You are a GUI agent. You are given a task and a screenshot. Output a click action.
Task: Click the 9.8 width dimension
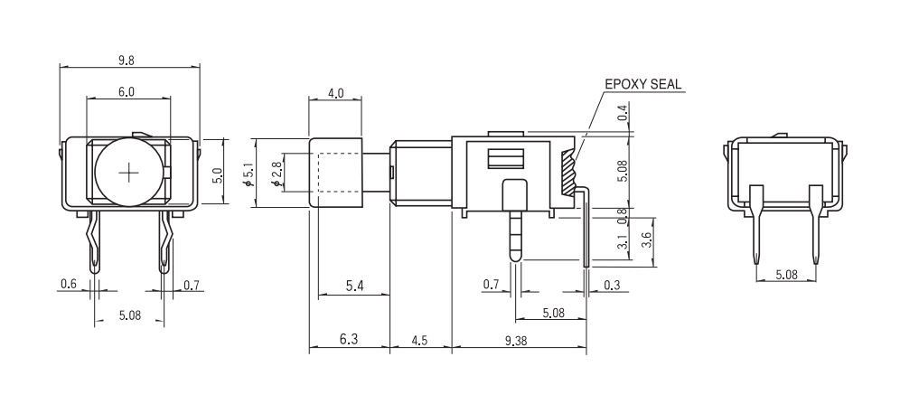[127, 61]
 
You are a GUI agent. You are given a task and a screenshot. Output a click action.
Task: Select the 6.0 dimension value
[127, 91]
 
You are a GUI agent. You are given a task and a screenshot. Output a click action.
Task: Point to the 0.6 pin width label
[69, 285]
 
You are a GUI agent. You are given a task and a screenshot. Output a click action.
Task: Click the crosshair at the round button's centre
[130, 172]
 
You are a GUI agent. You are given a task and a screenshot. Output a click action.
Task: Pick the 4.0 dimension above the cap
[335, 93]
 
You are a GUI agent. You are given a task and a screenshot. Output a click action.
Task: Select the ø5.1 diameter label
[247, 172]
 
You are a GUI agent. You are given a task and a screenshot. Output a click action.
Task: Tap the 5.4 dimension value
[355, 287]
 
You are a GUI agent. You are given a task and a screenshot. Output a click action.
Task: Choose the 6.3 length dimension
[349, 340]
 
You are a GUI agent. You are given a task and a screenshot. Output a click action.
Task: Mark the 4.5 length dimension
[420, 340]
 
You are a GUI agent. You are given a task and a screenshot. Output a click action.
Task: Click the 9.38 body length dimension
[517, 340]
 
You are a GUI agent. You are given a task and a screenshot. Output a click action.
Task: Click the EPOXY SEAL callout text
[643, 85]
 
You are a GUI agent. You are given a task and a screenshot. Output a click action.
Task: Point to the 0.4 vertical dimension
[622, 113]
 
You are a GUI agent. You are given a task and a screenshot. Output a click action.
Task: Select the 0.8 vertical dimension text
[622, 217]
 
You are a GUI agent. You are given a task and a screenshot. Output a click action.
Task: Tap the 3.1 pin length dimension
[622, 242]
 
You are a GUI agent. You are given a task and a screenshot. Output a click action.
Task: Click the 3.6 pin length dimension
[644, 240]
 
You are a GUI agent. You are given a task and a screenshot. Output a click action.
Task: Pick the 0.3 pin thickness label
[613, 285]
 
